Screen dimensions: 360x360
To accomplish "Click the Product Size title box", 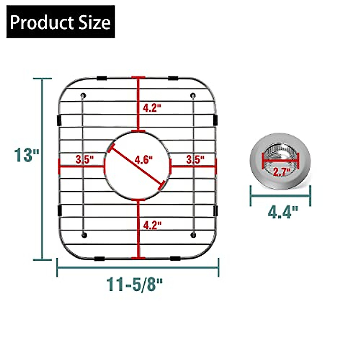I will point(60,22).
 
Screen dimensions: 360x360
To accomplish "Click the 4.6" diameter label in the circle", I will point(143,160).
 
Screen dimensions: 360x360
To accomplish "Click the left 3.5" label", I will point(85,159).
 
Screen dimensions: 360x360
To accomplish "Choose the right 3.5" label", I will point(195,159).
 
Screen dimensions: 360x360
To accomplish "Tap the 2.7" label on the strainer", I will point(281,172).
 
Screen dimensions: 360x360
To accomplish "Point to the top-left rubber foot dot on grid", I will point(83,96).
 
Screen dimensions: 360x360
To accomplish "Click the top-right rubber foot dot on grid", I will point(193,96).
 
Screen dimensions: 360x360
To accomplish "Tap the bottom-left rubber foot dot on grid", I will point(84,235).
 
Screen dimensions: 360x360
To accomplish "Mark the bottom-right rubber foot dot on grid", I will point(193,235).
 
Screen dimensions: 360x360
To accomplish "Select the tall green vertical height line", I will point(42,195).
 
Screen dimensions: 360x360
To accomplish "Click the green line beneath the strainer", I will point(280,196).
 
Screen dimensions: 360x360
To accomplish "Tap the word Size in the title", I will point(94,22).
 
